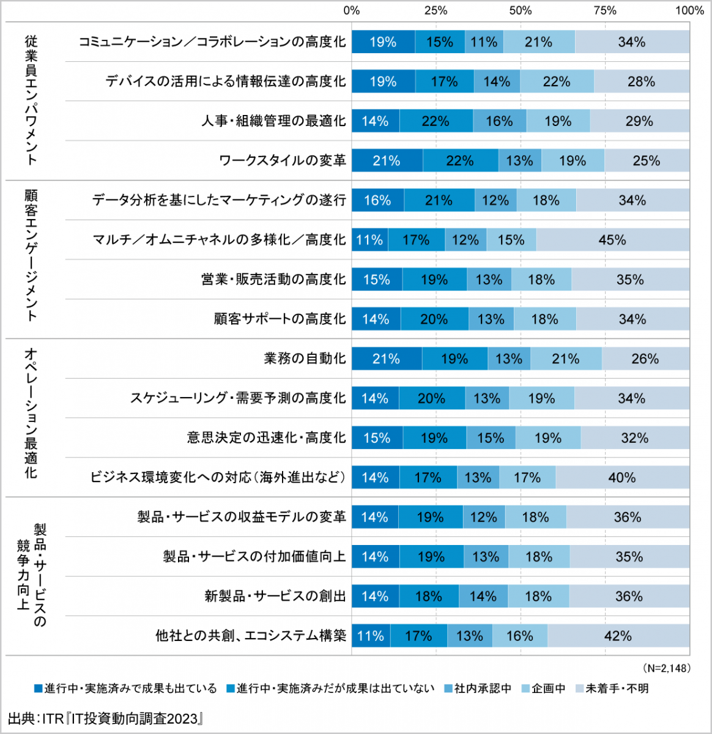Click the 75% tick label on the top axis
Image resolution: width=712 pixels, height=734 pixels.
coord(605,10)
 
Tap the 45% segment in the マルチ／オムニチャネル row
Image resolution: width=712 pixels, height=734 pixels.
coord(612,240)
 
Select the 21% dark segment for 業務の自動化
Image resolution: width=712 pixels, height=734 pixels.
coord(387,358)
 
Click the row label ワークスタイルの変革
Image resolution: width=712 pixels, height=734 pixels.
coord(282,161)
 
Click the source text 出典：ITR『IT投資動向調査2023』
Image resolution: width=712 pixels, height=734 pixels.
coord(105,718)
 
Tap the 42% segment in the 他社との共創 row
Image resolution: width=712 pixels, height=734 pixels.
coord(618,636)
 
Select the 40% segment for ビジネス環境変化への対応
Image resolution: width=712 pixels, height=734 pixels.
coord(622,478)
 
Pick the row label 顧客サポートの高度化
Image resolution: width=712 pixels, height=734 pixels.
coord(280,319)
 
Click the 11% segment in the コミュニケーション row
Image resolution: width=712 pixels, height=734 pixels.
coord(484,42)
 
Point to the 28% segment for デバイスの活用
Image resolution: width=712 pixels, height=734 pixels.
coord(641,82)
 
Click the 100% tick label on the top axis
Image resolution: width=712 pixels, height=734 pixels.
coord(689,10)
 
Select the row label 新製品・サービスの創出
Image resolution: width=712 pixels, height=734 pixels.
coord(275,596)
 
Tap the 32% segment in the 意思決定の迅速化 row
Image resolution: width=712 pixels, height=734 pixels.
coord(634,438)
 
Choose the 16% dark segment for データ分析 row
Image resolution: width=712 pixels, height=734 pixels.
coord(377,201)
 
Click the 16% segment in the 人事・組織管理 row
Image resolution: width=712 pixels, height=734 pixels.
coord(499,121)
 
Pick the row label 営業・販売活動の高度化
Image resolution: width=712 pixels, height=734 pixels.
coord(273,280)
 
